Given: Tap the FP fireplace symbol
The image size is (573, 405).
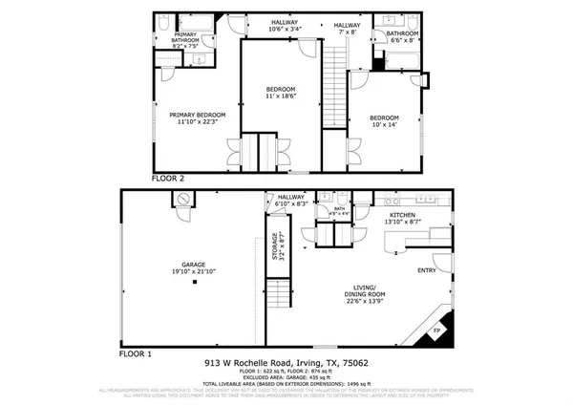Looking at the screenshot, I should click(438, 331).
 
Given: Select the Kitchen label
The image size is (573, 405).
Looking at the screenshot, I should click(402, 219).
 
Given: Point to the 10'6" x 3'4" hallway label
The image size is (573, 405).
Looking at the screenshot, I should click(285, 27).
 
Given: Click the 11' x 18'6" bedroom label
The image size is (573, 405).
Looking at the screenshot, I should click(279, 94).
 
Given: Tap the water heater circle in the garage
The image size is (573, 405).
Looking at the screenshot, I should click(183, 198).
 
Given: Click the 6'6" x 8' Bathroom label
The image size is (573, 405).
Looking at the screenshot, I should click(395, 37).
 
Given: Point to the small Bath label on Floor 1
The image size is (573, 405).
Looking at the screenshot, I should click(340, 211).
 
